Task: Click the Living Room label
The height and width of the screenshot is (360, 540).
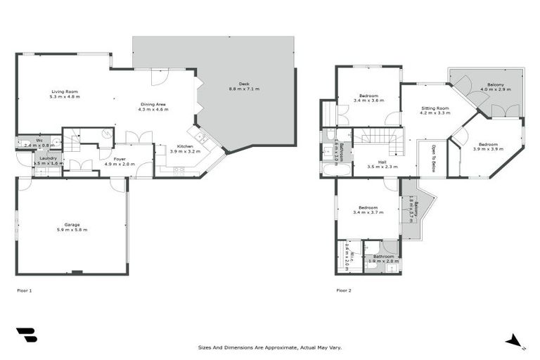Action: (64, 91)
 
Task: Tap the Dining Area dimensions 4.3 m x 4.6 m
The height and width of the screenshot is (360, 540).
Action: (153, 110)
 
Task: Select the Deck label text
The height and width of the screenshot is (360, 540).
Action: (244, 84)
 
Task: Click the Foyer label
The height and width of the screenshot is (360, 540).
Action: (120, 159)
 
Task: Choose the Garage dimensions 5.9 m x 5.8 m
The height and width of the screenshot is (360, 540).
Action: (72, 230)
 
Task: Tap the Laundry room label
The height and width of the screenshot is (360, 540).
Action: (48, 158)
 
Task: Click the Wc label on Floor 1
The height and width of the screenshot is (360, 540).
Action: (39, 140)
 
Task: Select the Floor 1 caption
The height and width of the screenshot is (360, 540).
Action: (25, 290)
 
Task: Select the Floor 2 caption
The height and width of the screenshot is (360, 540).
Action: (344, 290)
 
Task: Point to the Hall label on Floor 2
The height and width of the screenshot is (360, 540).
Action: (382, 162)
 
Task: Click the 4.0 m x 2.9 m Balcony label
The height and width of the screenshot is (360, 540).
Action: (491, 84)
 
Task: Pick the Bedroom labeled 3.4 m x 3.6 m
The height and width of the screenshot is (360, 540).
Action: (368, 96)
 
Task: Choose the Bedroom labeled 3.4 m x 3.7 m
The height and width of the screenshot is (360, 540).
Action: (368, 207)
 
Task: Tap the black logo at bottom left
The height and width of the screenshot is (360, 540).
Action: (27, 335)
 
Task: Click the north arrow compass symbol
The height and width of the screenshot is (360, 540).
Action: (515, 342)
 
